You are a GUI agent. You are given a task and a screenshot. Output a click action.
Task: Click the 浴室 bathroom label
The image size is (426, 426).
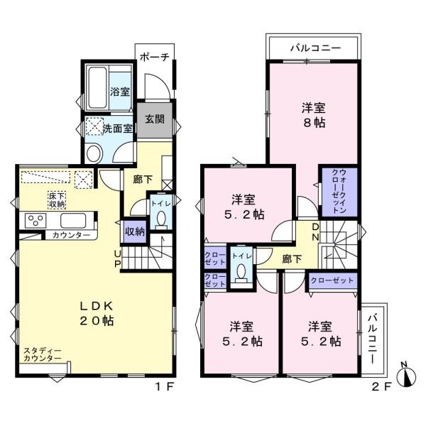120,92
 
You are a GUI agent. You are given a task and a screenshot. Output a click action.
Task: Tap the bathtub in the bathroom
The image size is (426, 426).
97,87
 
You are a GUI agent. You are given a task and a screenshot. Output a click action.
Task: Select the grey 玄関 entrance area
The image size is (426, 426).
155,119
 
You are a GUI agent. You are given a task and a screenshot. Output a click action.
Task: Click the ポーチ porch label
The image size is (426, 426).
155,57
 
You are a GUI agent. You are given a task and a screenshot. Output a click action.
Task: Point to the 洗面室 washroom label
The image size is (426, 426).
117,129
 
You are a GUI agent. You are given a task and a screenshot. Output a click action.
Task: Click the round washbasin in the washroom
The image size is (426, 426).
93,154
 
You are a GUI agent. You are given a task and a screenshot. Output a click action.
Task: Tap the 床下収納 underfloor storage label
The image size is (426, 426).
57,200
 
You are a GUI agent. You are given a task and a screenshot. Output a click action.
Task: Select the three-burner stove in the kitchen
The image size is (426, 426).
35,220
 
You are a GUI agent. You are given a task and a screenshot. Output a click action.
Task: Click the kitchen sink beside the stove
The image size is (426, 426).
73,221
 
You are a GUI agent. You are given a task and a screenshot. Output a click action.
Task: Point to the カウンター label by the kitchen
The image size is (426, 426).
71,235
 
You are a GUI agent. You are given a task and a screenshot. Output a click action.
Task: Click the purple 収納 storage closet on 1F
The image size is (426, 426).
135,231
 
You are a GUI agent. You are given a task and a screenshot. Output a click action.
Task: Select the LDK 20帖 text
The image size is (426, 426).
97,314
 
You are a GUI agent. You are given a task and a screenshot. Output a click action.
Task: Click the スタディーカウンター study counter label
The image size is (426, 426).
43,354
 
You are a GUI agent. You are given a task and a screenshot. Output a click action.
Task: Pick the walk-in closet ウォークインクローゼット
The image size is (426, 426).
339,192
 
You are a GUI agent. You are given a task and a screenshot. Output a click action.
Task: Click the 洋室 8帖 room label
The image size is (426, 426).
314,115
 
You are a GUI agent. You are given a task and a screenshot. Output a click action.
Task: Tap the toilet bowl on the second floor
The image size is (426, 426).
241,273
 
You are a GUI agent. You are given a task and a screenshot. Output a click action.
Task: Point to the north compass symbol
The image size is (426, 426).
406,375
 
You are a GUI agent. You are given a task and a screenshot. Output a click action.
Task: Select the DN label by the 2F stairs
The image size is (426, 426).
315,231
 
